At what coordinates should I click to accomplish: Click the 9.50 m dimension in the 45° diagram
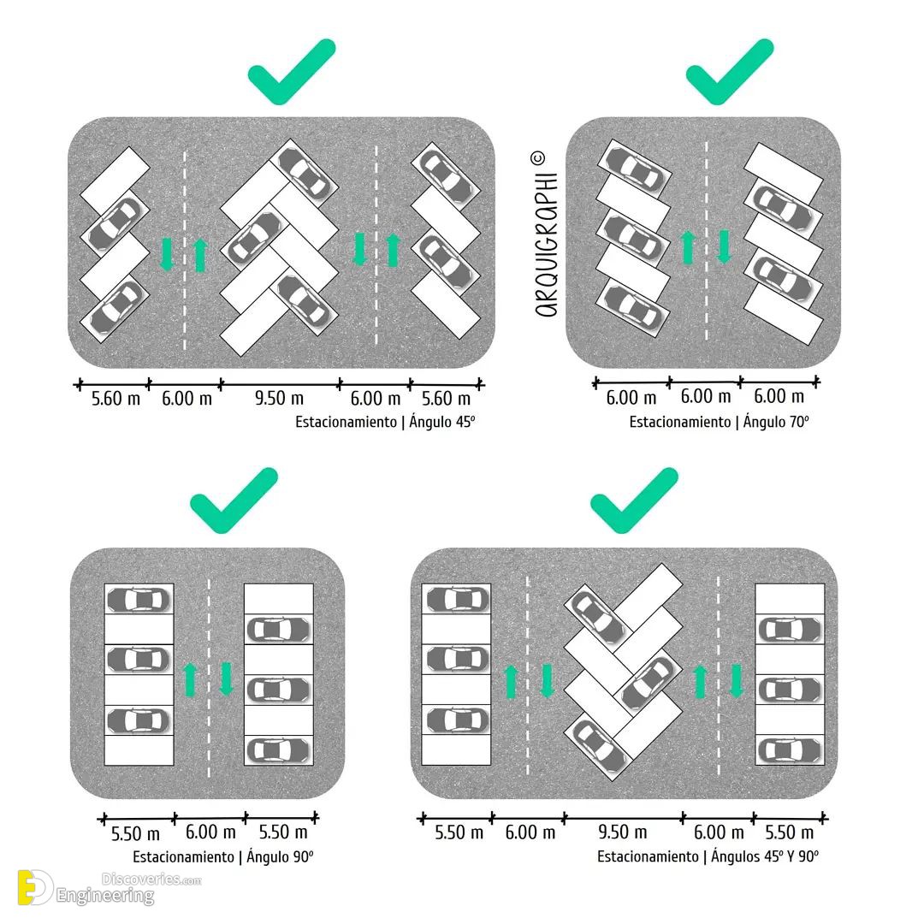[279, 399]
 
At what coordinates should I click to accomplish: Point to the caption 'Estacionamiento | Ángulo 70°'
[719, 422]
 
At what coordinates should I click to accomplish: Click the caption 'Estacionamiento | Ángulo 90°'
[222, 856]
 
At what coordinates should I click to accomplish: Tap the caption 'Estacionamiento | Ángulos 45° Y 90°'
[708, 856]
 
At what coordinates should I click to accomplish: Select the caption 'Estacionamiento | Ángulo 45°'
[385, 422]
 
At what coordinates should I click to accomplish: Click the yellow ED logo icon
[35, 887]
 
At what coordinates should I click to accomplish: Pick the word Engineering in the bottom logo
[105, 897]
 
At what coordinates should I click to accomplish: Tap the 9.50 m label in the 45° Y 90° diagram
[622, 832]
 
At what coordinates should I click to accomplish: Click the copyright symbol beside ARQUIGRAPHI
[536, 158]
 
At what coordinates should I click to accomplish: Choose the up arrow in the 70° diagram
[688, 247]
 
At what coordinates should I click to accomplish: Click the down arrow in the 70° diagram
[725, 247]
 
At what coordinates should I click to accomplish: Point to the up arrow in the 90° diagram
[190, 679]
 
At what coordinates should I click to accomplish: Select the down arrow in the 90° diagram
[226, 679]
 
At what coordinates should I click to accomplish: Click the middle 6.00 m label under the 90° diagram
[210, 832]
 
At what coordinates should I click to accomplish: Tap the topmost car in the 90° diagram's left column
[139, 600]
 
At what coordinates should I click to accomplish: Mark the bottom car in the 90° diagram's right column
[279, 750]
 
